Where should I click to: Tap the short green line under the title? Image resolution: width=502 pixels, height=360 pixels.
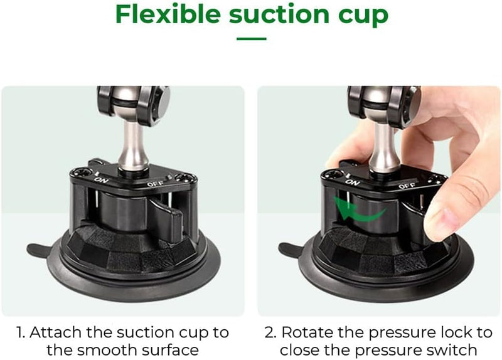pos(251,38)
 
